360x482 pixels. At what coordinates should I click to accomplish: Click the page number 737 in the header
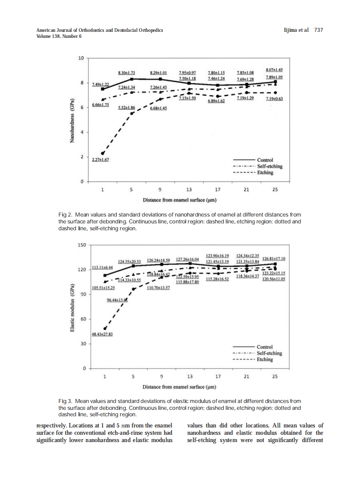click(318, 30)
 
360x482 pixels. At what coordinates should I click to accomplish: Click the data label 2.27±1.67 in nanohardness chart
click(100, 159)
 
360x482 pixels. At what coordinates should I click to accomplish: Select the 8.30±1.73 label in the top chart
click(127, 73)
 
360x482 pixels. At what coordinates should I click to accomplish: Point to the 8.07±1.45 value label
click(273, 70)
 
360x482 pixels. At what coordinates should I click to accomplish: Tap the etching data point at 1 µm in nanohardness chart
click(103, 153)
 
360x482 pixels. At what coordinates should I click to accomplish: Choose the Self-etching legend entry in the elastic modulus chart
click(269, 353)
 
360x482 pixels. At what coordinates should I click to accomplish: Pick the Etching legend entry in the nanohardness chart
click(265, 172)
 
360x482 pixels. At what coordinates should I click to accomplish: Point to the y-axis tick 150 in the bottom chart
click(81, 245)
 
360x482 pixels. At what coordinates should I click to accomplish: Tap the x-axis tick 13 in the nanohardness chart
click(189, 189)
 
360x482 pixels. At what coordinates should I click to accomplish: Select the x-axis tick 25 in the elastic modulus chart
click(275, 377)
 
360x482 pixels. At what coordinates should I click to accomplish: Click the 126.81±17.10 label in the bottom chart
click(274, 259)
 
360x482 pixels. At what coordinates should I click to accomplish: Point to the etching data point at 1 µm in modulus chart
click(105, 328)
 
